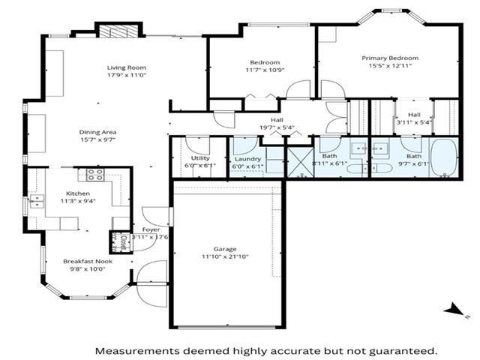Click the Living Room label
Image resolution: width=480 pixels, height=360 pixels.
coord(125,67)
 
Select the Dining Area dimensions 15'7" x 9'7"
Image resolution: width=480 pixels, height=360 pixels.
coord(98,140)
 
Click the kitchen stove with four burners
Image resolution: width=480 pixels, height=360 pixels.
coord(95,175)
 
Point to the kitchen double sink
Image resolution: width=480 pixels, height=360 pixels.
coord(35,200)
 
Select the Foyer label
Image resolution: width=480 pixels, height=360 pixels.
coord(140,229)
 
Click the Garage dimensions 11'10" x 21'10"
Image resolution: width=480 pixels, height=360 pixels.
coord(225,257)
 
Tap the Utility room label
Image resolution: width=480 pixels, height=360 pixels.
coord(200,158)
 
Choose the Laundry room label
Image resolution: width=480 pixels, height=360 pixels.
coord(247,158)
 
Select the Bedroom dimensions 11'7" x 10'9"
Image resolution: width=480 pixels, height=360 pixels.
coord(265,70)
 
